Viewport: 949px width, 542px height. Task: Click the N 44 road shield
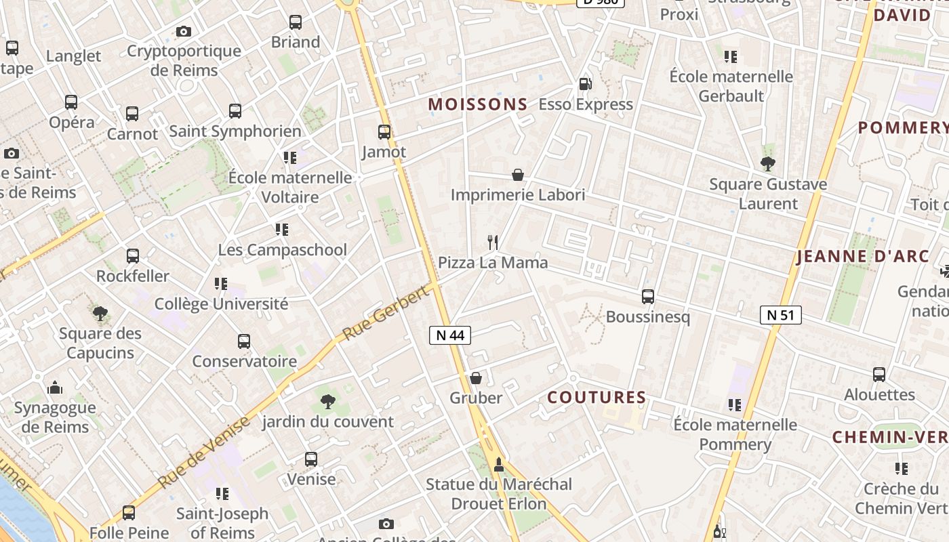point(450,335)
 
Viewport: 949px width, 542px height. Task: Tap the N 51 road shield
point(781,315)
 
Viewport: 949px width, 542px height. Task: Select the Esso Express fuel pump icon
point(585,84)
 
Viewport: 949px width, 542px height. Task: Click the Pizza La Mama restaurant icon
point(493,242)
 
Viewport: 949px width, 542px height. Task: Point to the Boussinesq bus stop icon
point(648,297)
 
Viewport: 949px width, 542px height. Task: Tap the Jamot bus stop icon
point(384,132)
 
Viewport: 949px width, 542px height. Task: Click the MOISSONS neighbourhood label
point(478,104)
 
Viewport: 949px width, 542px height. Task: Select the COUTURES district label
point(597,397)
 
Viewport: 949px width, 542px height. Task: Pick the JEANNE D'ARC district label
point(863,257)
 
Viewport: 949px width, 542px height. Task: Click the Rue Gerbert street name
point(386,312)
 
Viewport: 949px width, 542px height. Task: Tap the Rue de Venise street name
point(204,452)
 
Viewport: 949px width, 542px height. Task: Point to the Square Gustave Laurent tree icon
point(768,163)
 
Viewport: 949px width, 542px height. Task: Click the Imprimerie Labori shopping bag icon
point(518,175)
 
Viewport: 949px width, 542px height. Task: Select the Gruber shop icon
point(476,378)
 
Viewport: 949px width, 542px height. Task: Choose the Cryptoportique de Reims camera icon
point(183,31)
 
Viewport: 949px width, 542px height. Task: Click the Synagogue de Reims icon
point(55,388)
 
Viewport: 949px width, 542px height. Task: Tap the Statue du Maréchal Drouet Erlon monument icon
point(499,464)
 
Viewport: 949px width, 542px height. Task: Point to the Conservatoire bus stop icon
point(244,341)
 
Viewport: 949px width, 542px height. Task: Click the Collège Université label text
point(221,304)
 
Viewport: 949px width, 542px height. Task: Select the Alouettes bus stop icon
point(879,374)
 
